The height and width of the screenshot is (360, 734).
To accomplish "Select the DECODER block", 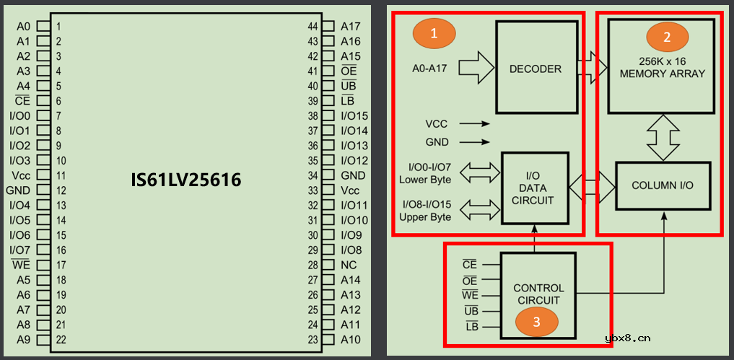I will pyautogui.click(x=536, y=69).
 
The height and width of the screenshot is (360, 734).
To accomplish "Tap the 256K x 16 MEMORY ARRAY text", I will pyautogui.click(x=662, y=68).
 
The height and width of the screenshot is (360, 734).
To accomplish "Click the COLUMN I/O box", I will pyautogui.click(x=663, y=185).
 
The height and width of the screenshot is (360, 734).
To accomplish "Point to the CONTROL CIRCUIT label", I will pyautogui.click(x=538, y=294).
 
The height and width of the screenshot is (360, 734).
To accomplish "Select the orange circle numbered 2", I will pyautogui.click(x=667, y=35).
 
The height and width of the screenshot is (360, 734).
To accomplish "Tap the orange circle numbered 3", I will pyautogui.click(x=536, y=322).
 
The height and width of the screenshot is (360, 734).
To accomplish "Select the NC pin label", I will pyautogui.click(x=349, y=265).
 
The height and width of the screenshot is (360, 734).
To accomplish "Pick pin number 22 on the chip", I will pyautogui.click(x=62, y=340).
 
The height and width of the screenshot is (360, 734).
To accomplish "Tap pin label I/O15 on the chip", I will pyautogui.click(x=354, y=116).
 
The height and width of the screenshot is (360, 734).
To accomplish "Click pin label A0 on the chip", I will pyautogui.click(x=23, y=27).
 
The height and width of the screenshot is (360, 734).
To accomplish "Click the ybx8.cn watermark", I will pyautogui.click(x=628, y=337).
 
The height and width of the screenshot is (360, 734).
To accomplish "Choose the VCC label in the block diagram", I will pyautogui.click(x=436, y=124).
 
